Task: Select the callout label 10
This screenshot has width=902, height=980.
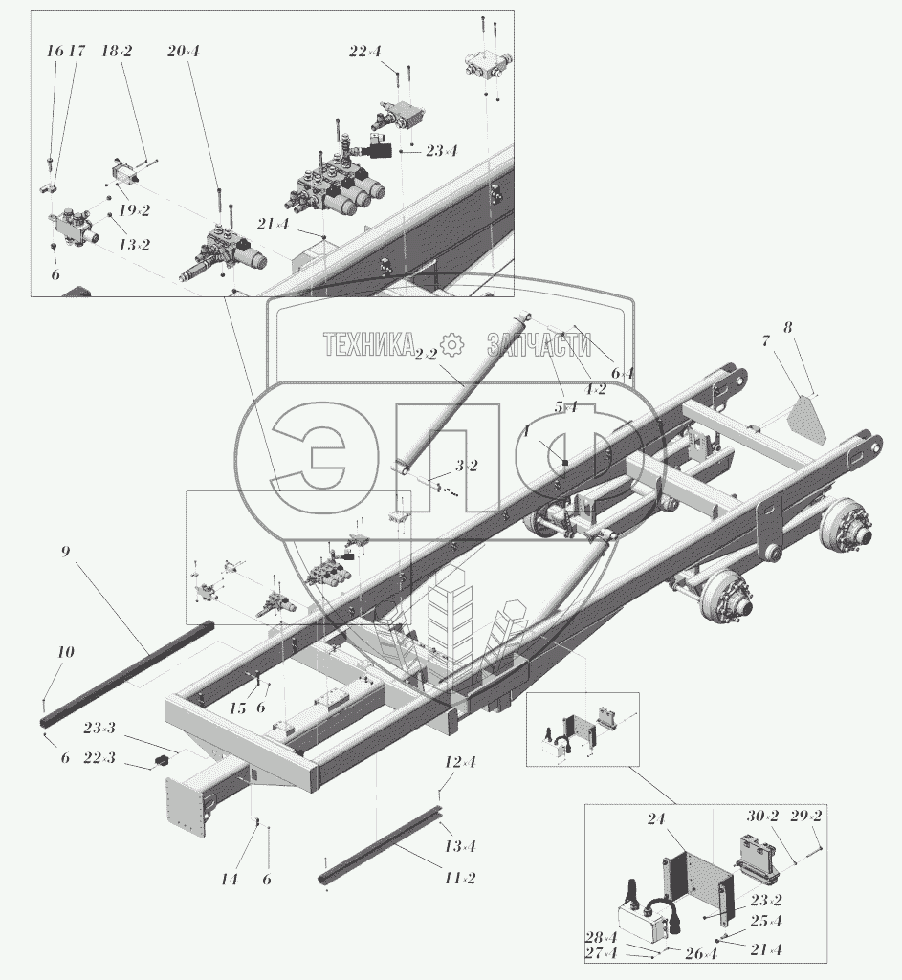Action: point(65,652)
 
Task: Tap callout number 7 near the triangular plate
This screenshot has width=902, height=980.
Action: point(765,339)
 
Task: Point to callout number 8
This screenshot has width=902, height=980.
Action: point(787,328)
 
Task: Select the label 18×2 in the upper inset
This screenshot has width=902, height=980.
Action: point(117,52)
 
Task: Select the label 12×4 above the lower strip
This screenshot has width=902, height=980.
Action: point(459,762)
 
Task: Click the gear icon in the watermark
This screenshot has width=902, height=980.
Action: point(451,344)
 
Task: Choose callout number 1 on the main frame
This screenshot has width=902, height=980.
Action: point(526,432)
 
